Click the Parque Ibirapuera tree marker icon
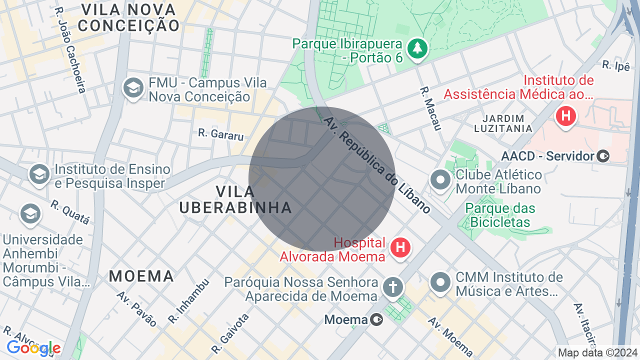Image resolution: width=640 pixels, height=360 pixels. [418, 48]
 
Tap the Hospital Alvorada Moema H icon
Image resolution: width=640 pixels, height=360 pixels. [400, 247]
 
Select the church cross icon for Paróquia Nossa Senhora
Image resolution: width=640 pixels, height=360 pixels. [393, 287]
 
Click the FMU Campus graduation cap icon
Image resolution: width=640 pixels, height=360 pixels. [133, 88]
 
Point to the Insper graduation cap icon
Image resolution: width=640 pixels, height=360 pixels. [39, 174]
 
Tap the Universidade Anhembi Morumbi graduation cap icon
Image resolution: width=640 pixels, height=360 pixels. [30, 214]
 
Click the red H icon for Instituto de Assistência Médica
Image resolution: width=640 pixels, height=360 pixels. [566, 116]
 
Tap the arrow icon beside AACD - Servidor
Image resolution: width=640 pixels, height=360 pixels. [603, 156]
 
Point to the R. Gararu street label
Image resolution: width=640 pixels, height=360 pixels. [220, 134]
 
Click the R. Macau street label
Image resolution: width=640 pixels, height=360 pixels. [430, 108]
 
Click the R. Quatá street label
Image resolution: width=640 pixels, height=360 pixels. [70, 212]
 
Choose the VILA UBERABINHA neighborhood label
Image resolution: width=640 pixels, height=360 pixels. [235, 199]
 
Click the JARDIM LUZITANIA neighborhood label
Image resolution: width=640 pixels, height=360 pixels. [507, 123]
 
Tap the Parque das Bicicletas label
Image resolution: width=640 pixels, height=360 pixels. [500, 215]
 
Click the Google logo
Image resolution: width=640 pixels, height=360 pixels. [33, 348]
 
